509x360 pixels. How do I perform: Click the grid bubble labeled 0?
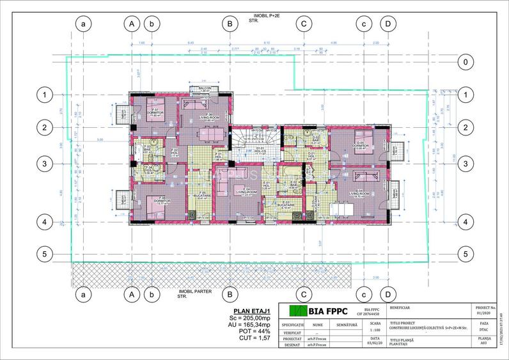point(466,62)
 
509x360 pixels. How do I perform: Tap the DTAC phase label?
point(484,329)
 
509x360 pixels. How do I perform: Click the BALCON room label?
point(205,88)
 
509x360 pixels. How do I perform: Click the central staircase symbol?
point(255,137)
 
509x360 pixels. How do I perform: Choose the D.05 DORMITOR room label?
point(361,146)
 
